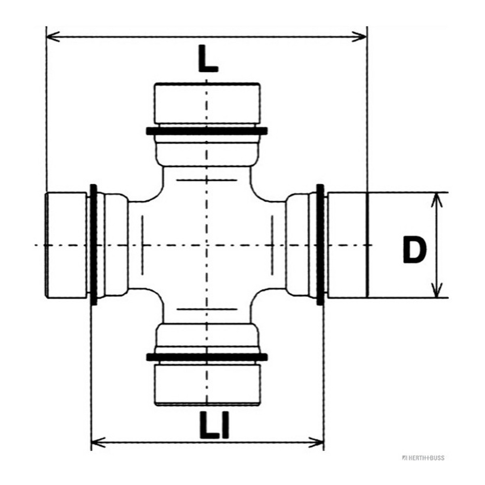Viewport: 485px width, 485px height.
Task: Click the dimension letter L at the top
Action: click(x=207, y=58)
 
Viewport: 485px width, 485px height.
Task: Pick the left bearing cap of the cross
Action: click(x=66, y=245)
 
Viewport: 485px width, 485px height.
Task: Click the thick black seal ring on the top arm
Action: click(x=207, y=131)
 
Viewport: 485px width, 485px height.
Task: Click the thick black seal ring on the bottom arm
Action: click(x=207, y=357)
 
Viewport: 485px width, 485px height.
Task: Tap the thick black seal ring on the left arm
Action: click(x=94, y=245)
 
